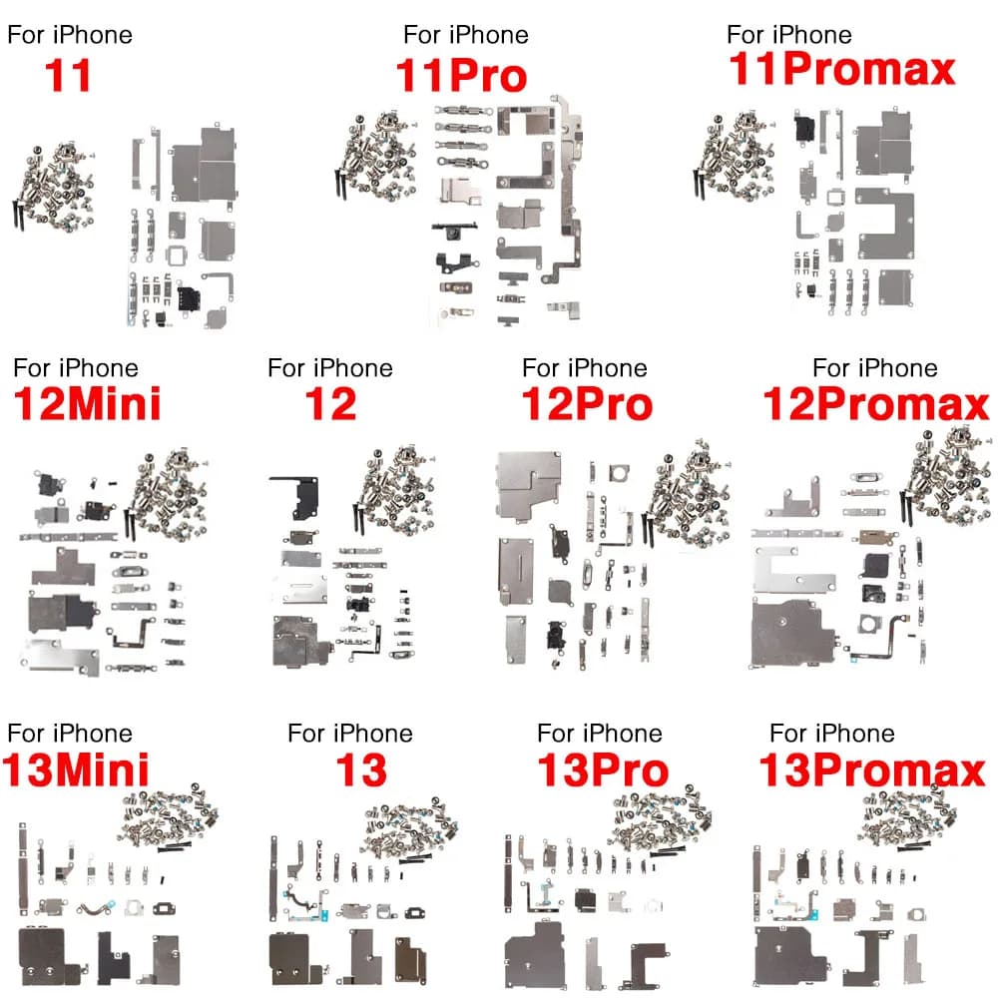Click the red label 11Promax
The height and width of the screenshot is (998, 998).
tap(842, 70)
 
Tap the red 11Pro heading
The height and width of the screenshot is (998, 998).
tap(460, 76)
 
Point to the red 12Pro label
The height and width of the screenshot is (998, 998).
tap(587, 404)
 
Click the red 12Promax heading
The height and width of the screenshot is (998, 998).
tap(876, 404)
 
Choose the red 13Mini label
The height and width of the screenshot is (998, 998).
tap(76, 770)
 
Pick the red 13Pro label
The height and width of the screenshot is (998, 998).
tap(602, 770)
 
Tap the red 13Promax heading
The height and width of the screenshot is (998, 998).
tap(872, 770)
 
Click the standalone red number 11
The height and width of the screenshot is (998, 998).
tap(69, 76)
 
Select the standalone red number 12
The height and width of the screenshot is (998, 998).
tap(330, 404)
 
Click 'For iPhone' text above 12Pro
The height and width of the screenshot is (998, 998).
tap(584, 368)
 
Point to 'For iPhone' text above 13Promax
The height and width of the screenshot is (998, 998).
tap(832, 735)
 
